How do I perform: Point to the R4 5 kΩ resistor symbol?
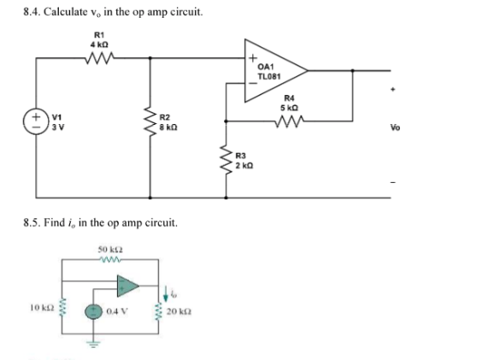(292, 120)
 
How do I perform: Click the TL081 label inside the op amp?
(268, 76)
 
